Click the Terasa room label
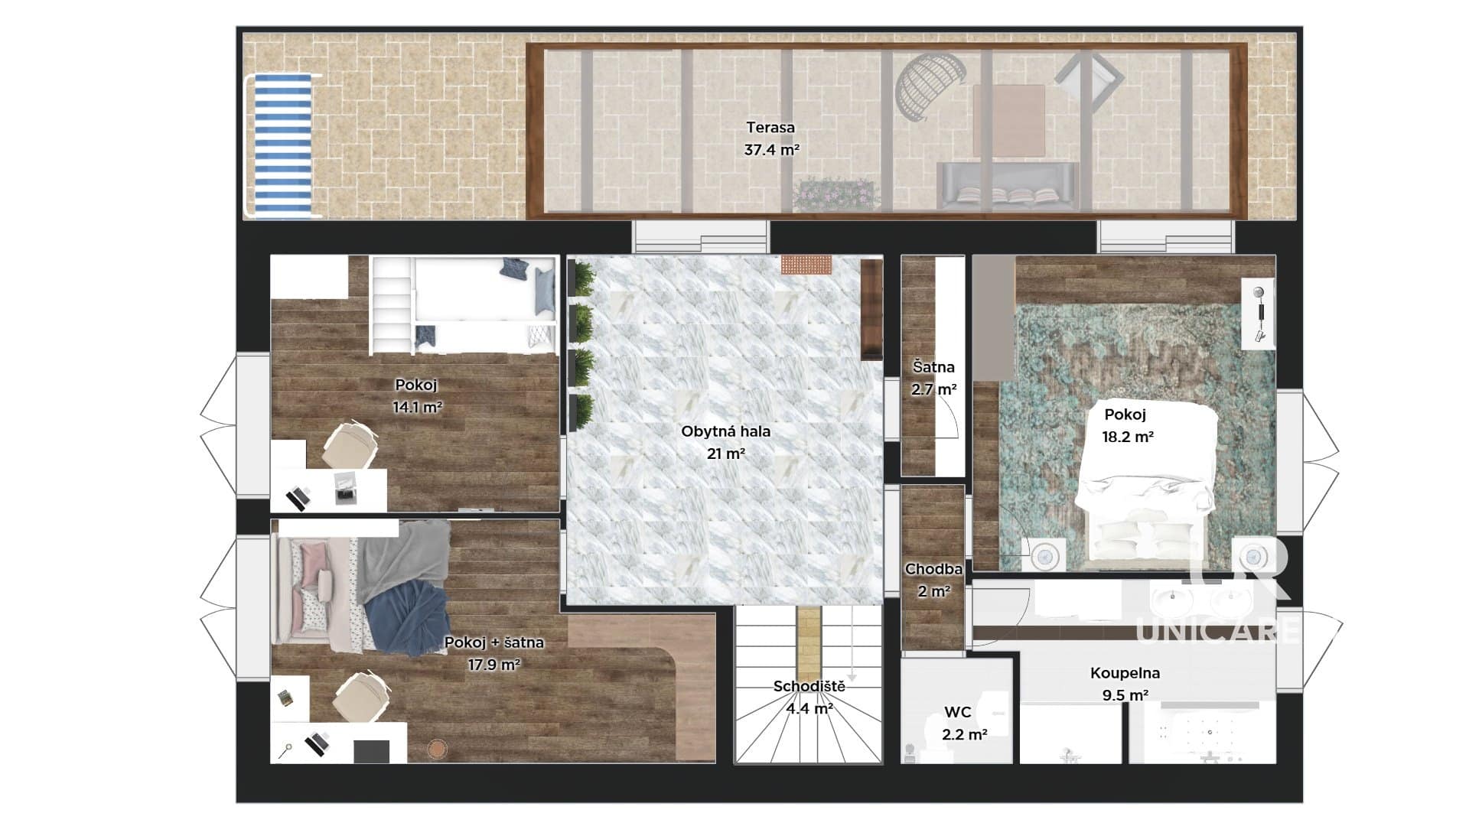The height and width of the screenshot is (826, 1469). click(770, 128)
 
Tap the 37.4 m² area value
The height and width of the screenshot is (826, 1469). click(771, 150)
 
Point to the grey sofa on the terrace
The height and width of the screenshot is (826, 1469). click(1008, 186)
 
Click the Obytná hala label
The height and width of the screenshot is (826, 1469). click(725, 431)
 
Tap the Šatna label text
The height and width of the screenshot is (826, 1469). click(933, 367)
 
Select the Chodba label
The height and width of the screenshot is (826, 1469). click(933, 569)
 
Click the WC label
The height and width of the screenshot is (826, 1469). click(957, 712)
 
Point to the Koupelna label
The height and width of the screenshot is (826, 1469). click(1125, 673)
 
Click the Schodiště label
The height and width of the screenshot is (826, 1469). click(809, 686)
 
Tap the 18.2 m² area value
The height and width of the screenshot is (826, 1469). click(1127, 437)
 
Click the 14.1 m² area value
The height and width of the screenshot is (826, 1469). click(417, 408)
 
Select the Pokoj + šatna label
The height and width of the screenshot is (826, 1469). click(494, 642)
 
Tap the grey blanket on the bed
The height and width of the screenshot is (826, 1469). click(404, 558)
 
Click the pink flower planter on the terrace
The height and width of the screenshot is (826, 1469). click(835, 194)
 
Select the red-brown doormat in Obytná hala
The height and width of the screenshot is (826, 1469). click(806, 265)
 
